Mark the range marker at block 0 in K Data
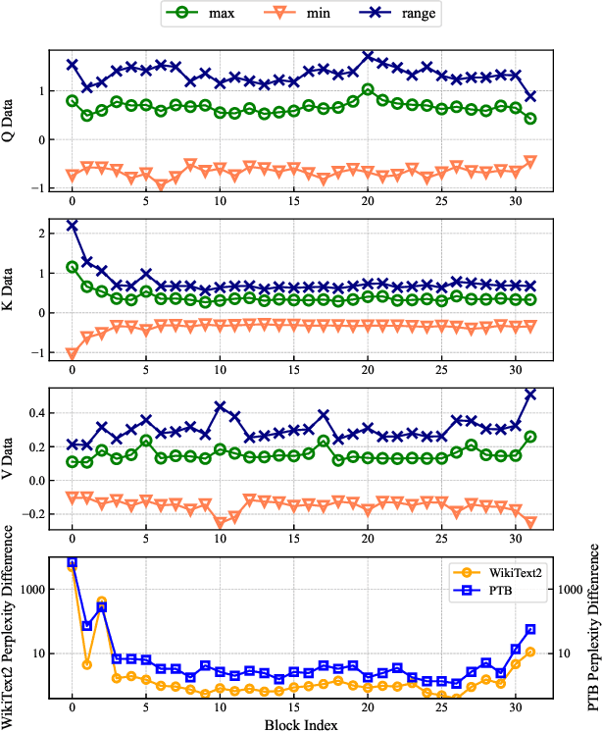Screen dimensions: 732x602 pyautogui.click(x=73, y=226)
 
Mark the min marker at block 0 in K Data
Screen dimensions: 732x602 pyautogui.click(x=73, y=353)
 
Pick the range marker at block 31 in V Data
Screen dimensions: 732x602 pyautogui.click(x=530, y=394)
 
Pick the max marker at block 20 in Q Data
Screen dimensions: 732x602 pyautogui.click(x=368, y=90)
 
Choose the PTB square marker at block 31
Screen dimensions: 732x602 pyautogui.click(x=530, y=629)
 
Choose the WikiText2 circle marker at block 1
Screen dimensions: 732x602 pyautogui.click(x=87, y=664)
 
